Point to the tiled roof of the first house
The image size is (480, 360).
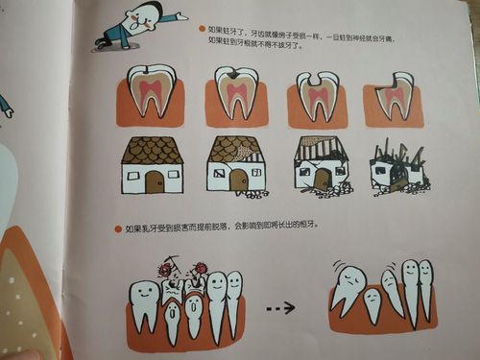coord(152,150)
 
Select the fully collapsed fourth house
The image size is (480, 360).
coord(396,169)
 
